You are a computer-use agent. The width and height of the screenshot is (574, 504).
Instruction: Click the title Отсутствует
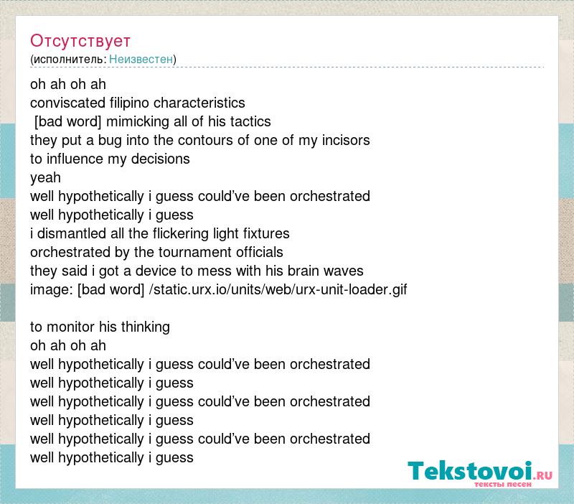click(x=80, y=41)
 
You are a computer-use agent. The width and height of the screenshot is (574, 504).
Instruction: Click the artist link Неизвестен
click(x=141, y=59)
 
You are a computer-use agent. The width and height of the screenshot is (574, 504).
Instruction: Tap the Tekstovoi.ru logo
click(x=480, y=473)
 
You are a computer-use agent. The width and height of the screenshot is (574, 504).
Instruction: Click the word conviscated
click(x=67, y=103)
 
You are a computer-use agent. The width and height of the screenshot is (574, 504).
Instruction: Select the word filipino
click(x=130, y=103)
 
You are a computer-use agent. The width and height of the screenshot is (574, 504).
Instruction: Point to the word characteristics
click(x=199, y=103)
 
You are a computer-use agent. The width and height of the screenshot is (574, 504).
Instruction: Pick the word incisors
click(x=346, y=140)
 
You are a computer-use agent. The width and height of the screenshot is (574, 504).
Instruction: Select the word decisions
click(x=160, y=159)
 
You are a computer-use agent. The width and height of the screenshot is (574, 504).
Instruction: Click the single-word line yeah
click(x=45, y=178)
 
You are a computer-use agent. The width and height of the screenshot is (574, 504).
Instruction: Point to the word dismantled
click(x=72, y=233)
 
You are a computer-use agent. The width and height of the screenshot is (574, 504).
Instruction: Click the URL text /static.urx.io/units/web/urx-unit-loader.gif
click(x=278, y=290)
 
